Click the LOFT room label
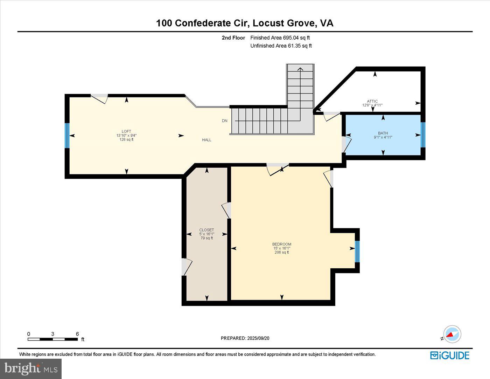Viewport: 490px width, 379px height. coord(126,132)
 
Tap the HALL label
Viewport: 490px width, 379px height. coord(206,140)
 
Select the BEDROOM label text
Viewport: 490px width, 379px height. coord(282,244)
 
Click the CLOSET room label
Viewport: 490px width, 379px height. coord(206,230)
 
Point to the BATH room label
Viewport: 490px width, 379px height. coord(383,133)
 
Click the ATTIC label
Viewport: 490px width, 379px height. coord(372,101)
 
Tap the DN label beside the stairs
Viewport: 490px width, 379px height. coord(225,121)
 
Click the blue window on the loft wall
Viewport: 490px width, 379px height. coord(67,136)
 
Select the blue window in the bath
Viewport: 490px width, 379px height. coord(423,135)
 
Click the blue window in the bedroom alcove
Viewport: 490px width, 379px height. coord(357,251)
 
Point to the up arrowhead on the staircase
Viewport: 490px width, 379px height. coord(300,69)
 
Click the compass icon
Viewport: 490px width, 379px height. coord(452,334)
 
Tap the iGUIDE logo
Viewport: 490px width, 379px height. coord(450,355)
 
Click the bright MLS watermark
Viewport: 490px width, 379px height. coord(31,368)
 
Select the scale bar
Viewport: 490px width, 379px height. coord(52,339)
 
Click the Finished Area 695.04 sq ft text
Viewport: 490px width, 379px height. coord(280,38)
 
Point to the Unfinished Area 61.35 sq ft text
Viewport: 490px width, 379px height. coord(281,46)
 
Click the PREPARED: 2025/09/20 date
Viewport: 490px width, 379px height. coord(245,338)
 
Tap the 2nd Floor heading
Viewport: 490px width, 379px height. coord(233,38)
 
